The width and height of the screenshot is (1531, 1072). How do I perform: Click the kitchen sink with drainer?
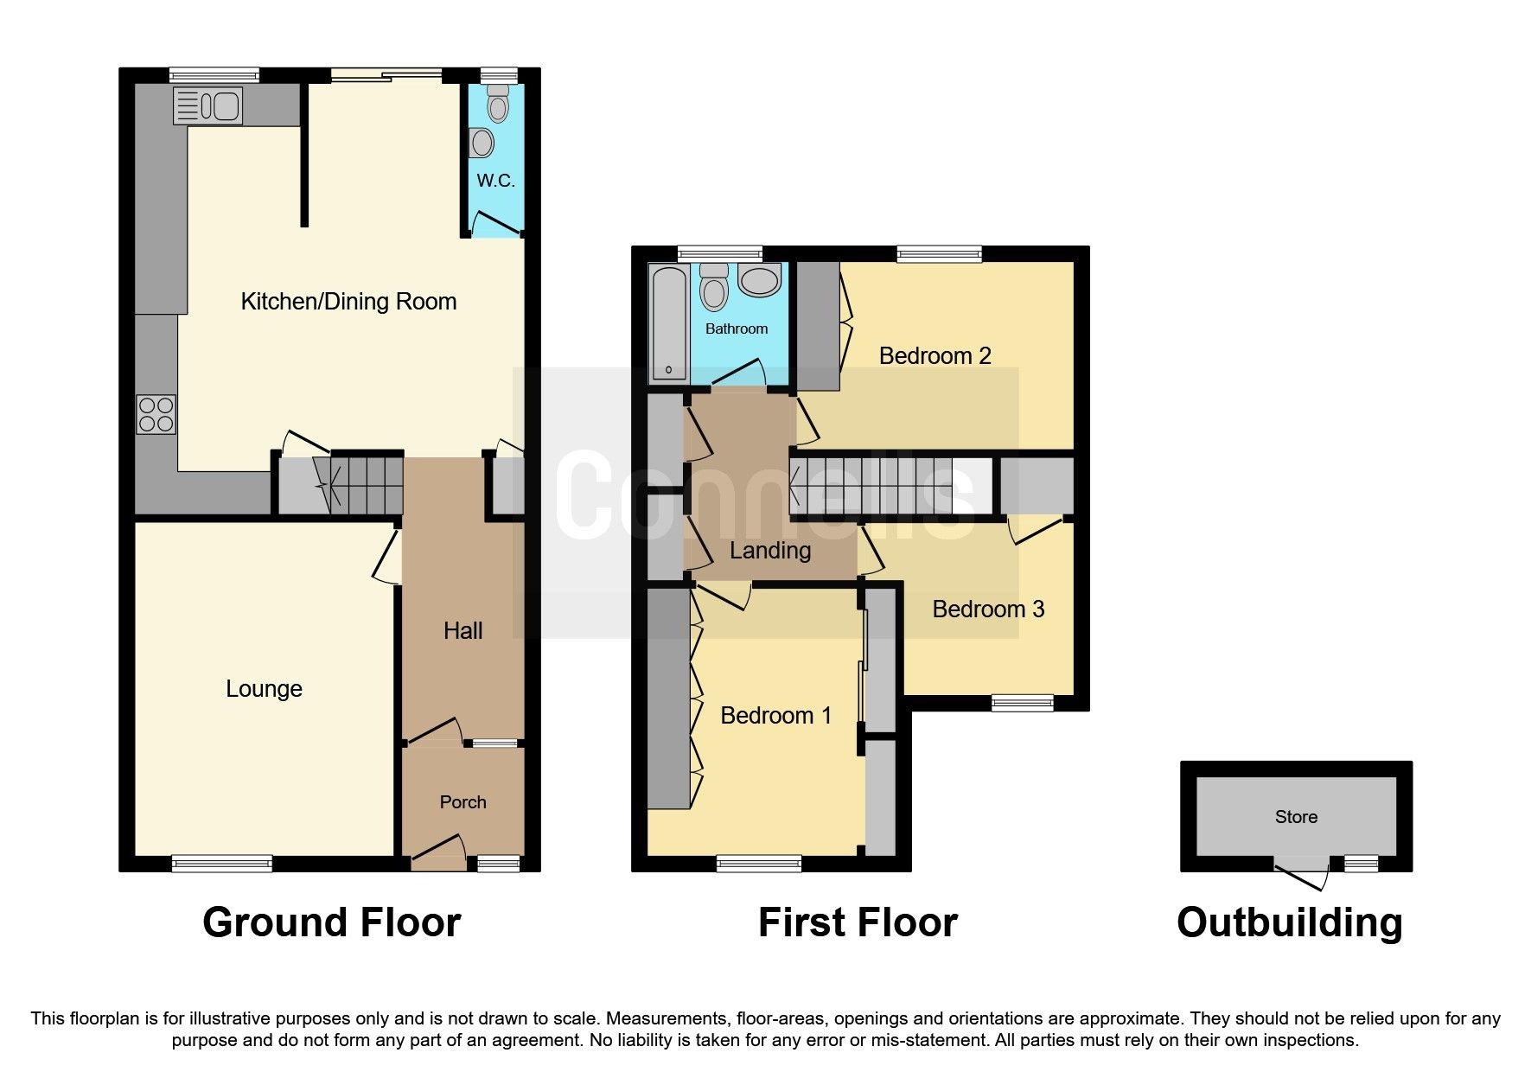pyautogui.click(x=207, y=106)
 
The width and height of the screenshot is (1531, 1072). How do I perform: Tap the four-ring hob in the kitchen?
pyautogui.click(x=156, y=414)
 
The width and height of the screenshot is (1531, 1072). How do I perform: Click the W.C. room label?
pyautogui.click(x=495, y=181)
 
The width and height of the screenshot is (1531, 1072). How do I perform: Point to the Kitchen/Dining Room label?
pyautogui.click(x=348, y=302)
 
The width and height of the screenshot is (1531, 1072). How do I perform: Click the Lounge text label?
pyautogui.click(x=264, y=689)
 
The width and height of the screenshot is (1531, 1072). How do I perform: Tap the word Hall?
pyautogui.click(x=462, y=631)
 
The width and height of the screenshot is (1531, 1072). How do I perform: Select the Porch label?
pyautogui.click(x=462, y=802)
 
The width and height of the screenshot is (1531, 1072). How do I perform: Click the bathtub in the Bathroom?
pyautogui.click(x=669, y=323)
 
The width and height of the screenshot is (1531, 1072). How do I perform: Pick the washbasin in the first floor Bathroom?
pyautogui.click(x=760, y=280)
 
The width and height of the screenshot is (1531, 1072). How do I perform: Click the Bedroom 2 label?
pyautogui.click(x=935, y=355)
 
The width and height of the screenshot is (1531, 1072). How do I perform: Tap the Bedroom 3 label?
pyautogui.click(x=988, y=609)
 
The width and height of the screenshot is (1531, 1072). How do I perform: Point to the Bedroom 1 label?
pyautogui.click(x=775, y=716)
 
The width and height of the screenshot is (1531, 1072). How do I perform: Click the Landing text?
pyautogui.click(x=769, y=551)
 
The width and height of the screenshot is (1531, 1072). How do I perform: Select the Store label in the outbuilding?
pyautogui.click(x=1296, y=817)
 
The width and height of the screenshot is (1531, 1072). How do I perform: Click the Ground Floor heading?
pyautogui.click(x=331, y=922)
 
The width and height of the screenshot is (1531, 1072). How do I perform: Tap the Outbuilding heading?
pyautogui.click(x=1289, y=922)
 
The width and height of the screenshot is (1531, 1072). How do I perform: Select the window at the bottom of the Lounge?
pyautogui.click(x=222, y=863)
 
